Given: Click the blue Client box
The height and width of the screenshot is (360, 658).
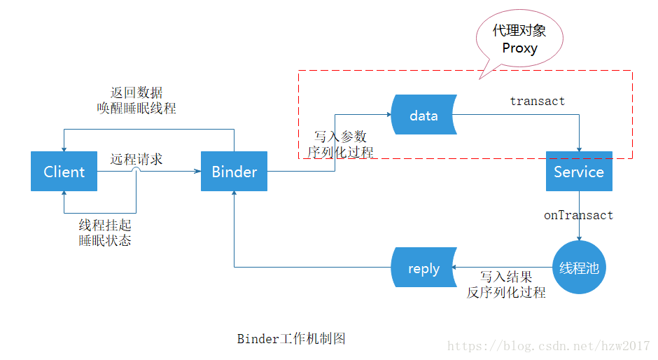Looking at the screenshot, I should (x=64, y=172).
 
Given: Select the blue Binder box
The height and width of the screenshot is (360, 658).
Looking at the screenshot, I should (x=234, y=172).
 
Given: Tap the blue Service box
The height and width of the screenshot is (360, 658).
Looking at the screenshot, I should (x=579, y=172).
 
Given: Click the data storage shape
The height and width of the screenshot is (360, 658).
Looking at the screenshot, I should (x=423, y=116).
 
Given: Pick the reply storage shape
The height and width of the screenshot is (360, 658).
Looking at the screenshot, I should (x=423, y=268).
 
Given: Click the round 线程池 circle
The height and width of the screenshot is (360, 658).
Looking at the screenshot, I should (x=579, y=268).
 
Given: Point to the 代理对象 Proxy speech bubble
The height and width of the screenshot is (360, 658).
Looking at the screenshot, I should (x=519, y=39).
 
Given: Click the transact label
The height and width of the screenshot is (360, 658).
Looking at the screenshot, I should (x=537, y=101).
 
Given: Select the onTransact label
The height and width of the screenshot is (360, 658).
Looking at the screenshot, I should (x=578, y=215).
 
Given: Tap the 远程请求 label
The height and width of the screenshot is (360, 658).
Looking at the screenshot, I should (x=136, y=159).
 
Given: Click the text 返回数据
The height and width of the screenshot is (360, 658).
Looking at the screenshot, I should (x=136, y=93).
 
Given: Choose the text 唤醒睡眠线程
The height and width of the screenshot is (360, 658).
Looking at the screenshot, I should (x=136, y=109).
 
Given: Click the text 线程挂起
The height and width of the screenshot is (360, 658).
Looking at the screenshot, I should (x=105, y=226).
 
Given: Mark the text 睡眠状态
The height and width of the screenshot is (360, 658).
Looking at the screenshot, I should (x=105, y=241).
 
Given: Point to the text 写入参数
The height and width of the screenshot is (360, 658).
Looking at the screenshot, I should (x=340, y=137).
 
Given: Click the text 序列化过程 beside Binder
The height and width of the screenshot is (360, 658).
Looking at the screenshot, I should (x=340, y=152).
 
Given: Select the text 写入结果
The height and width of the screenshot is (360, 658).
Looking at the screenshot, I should (x=506, y=277).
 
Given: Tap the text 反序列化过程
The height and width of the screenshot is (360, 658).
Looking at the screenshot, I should (x=506, y=293).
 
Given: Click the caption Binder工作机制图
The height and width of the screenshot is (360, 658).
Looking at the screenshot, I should (x=291, y=339).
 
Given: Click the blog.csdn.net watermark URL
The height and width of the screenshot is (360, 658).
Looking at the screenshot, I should (x=548, y=346).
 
